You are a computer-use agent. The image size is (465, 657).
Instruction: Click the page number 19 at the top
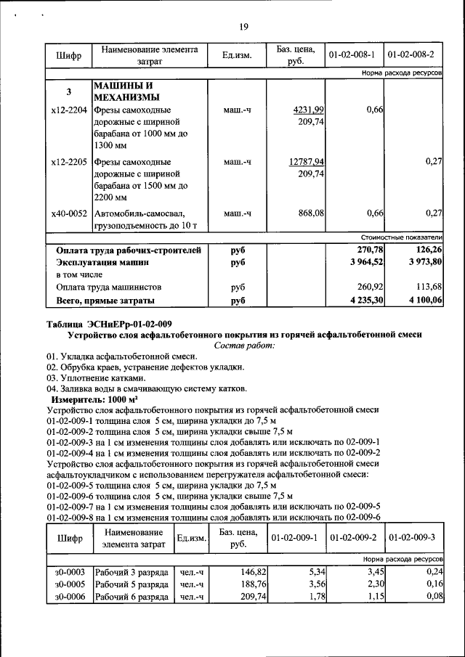pos(244,28)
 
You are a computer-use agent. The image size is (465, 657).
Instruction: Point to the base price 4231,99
pos(309,109)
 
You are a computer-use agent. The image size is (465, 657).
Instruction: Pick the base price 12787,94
pos(307,161)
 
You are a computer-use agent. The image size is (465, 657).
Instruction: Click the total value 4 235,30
pos(365,299)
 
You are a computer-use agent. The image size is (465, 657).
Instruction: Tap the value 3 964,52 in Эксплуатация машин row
pos(365,262)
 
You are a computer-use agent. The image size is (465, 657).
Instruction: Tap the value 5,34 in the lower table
pos(315,572)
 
